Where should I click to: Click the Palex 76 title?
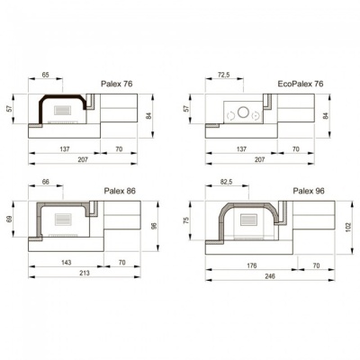pyautogui.click(x=117, y=84)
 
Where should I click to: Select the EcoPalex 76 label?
pyautogui.click(x=301, y=84)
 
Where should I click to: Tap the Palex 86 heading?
pyautogui.click(x=120, y=191)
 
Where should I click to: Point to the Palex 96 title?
pyautogui.click(x=309, y=191)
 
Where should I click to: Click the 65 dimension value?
pyautogui.click(x=45, y=75)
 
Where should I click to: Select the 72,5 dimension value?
pyautogui.click(x=223, y=75)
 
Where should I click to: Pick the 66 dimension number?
pyautogui.click(x=45, y=182)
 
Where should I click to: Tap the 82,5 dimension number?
pyautogui.click(x=226, y=182)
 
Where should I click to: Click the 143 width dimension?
pyautogui.click(x=66, y=262)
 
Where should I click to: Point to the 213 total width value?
pyautogui.click(x=85, y=273)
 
